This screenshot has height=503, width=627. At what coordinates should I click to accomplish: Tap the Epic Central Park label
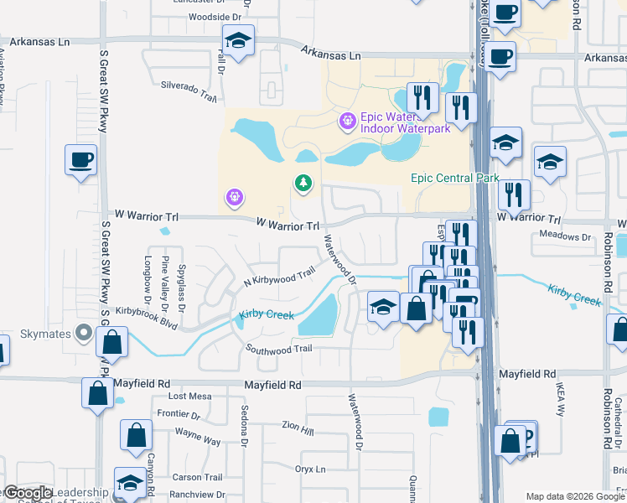pos(455,178)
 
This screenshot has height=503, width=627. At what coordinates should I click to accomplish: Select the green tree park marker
pos(302,182)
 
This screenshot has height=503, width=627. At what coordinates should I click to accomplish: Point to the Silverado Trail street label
pos(189,91)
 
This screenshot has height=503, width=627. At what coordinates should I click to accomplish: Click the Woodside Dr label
pos(215,17)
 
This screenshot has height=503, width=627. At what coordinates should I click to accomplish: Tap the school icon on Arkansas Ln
pos(238,40)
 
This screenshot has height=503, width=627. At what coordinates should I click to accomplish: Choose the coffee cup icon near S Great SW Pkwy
pos(80,159)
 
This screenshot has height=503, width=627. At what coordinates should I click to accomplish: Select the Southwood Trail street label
pos(278,348)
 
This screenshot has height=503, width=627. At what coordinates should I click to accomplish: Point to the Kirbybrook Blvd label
pos(148,310)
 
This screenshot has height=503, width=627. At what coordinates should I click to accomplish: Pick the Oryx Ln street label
pos(309,469)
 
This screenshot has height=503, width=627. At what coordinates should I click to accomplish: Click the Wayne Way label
pos(197,437)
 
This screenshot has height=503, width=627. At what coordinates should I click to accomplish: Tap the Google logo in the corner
pos(28,493)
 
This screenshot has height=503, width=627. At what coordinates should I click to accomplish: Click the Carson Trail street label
pos(187,477)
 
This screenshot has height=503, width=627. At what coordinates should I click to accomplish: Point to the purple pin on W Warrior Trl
pos(234,198)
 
